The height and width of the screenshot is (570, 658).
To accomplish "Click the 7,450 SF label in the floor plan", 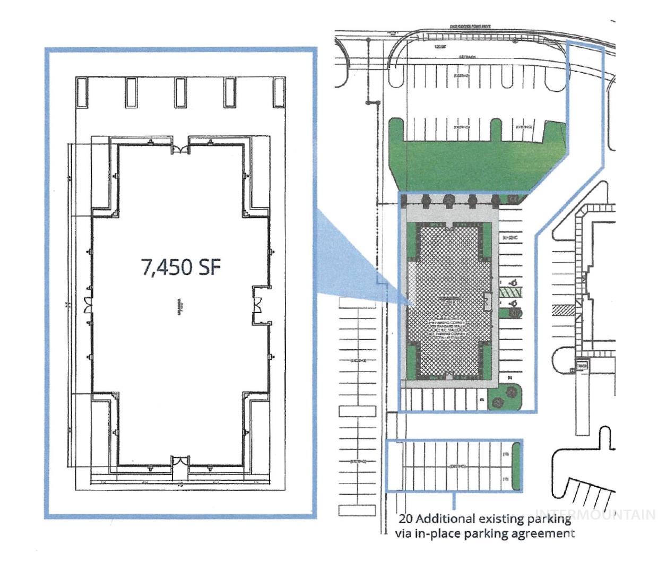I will coord(180,266).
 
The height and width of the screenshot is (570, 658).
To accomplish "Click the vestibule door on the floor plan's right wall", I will coord(257,305).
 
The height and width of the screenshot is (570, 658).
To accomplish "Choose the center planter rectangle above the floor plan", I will coord(180,92).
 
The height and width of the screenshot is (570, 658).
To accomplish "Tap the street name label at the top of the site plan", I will coord(470,26).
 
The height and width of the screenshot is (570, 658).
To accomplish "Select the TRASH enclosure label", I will coord(582,366).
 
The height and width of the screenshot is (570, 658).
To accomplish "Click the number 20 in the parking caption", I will coord(406,519).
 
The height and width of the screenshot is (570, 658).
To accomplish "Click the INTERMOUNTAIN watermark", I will coord(595,514).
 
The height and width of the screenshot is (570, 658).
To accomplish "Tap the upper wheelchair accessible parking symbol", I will coord(514,282).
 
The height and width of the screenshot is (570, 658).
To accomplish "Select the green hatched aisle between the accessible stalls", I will coord(513,292).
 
